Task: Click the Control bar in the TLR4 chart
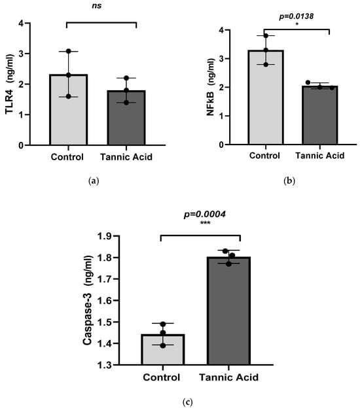click(x=68, y=110)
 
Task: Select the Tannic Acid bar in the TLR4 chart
click(x=126, y=118)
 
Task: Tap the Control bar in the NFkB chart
click(x=266, y=97)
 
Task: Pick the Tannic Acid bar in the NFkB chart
click(x=319, y=115)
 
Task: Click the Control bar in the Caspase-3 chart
click(x=163, y=349)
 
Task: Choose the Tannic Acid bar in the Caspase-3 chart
click(x=228, y=311)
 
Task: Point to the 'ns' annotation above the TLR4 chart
click(x=97, y=6)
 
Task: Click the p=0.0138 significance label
click(x=297, y=16)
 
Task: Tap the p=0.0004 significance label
click(x=204, y=214)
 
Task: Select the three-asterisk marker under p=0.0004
click(x=205, y=223)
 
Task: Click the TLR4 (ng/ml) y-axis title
click(x=9, y=84)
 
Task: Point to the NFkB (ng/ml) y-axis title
click(x=211, y=87)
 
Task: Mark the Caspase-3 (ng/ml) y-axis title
click(x=88, y=300)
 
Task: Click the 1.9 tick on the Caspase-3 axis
click(x=105, y=236)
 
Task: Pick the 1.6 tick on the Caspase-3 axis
click(x=105, y=301)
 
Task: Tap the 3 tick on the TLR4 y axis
click(x=21, y=54)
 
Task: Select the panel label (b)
click(x=289, y=181)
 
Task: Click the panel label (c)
click(x=187, y=402)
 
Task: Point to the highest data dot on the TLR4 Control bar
click(x=69, y=51)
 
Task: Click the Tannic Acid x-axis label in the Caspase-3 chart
click(x=229, y=377)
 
